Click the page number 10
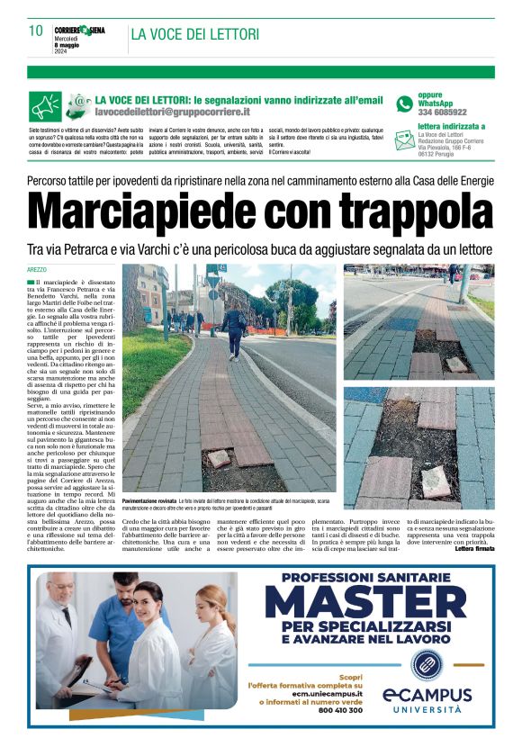click(35, 31)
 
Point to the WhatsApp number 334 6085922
click(442, 112)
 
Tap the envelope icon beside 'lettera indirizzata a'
click(405, 140)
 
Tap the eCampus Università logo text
click(427, 700)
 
